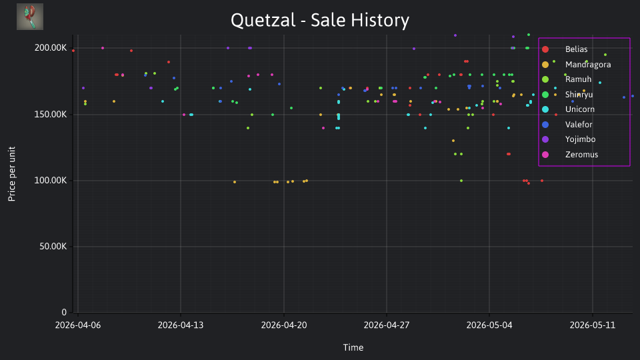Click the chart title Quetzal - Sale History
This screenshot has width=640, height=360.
(319, 21)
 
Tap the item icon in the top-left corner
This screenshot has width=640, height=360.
(30, 17)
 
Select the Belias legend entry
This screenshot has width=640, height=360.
(576, 49)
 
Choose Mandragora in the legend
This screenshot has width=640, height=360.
(588, 65)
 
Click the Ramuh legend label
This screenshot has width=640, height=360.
(578, 79)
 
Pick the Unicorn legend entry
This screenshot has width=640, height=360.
(579, 109)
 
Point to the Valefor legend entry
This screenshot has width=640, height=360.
(579, 125)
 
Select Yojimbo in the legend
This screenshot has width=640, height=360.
(580, 139)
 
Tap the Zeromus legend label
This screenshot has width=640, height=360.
(581, 155)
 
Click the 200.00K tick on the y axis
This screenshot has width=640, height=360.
(50, 48)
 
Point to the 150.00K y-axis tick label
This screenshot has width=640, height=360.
(50, 114)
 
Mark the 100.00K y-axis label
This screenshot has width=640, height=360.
(50, 181)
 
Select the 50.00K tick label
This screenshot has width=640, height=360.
(53, 247)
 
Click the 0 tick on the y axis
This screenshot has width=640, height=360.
(64, 313)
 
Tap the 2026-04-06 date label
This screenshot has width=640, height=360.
(77, 325)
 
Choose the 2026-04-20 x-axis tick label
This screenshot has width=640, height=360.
(284, 325)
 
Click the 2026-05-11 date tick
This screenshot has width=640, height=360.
(592, 325)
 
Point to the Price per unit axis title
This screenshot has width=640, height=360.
(12, 174)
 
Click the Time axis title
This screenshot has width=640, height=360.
(353, 348)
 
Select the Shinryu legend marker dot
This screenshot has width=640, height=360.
(545, 95)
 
